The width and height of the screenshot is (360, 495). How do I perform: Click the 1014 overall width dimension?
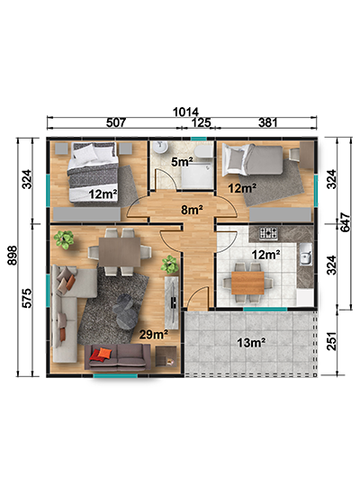185,112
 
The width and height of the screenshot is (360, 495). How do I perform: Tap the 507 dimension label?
116,122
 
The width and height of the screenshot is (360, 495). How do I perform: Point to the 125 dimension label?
201,122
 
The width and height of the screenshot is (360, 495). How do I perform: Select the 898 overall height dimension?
12,256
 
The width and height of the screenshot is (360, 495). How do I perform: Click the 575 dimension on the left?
27,298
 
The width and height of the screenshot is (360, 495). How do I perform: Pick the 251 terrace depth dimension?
331,341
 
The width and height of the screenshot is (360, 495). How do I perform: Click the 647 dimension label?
346,222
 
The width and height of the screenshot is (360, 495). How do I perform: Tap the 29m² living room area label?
154,334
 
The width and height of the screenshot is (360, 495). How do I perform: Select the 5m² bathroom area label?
182,162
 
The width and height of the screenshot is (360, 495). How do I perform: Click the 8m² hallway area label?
192,210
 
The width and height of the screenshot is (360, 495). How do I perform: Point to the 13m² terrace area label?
251,342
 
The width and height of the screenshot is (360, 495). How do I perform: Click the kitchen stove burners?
269,234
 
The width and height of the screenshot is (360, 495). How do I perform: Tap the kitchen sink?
305,255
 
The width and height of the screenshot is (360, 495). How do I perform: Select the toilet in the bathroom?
203,151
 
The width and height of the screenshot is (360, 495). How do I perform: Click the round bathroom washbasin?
160,147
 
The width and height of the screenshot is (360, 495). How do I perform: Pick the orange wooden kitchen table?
247,283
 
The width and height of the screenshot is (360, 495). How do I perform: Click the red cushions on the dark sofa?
101,354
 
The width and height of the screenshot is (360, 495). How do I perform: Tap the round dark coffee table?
126,312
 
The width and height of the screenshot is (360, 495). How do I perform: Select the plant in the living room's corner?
64,239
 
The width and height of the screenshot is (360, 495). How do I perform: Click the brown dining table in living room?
120,252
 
